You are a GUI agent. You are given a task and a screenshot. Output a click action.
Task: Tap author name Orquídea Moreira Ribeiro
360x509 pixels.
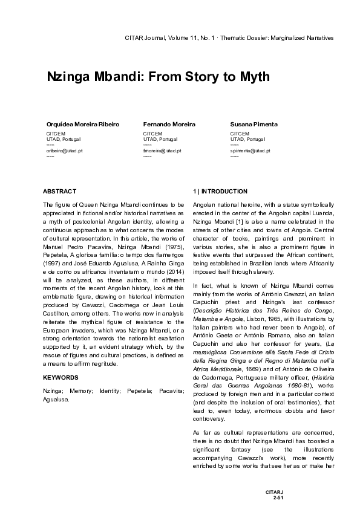click(x=83, y=124)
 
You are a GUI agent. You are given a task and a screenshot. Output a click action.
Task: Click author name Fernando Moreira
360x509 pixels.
click(x=169, y=124)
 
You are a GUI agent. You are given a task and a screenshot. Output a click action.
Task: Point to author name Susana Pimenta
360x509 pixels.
click(x=254, y=124)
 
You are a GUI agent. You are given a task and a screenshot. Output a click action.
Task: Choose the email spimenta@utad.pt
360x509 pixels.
click(x=250, y=150)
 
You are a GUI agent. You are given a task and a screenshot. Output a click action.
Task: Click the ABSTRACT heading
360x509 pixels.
click(x=60, y=191)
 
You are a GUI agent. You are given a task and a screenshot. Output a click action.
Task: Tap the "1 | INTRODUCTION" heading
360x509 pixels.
click(x=220, y=191)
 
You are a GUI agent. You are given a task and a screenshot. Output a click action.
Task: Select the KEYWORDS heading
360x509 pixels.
click(x=61, y=377)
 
